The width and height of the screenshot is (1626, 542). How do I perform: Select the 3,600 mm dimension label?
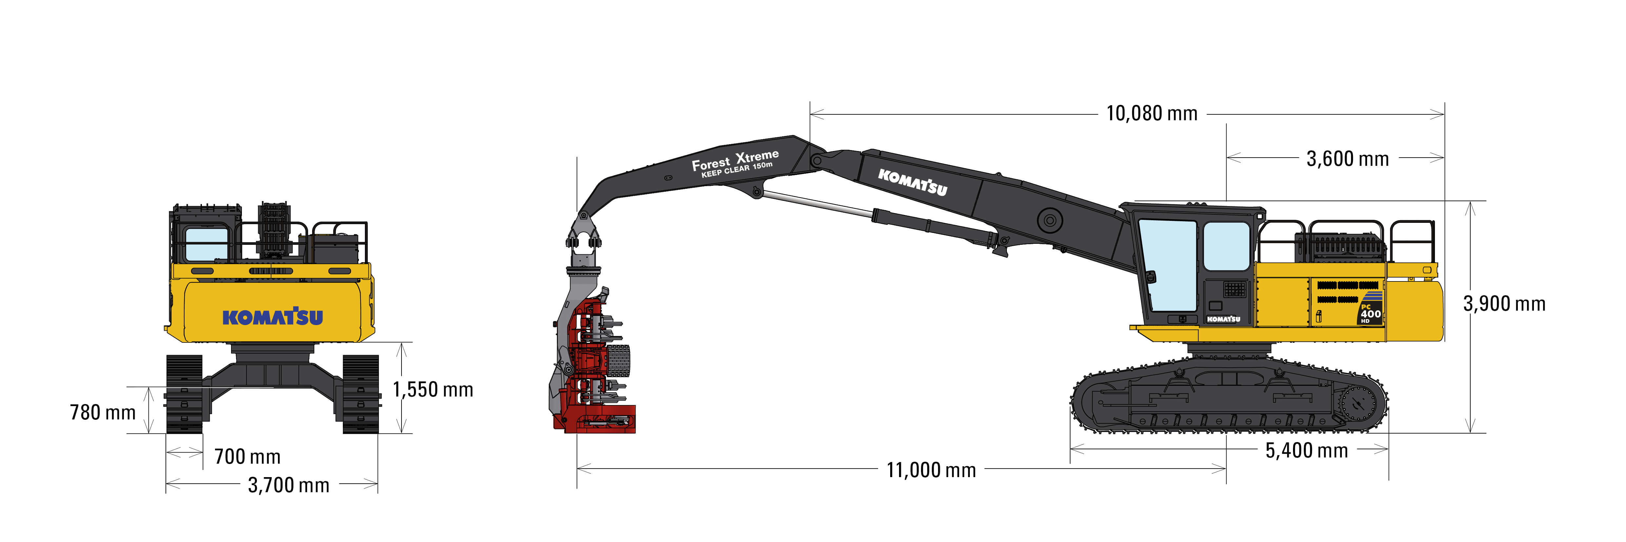tap(1348, 159)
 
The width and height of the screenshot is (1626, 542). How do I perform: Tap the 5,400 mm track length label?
tap(1307, 451)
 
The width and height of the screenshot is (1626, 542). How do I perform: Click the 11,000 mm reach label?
tap(931, 470)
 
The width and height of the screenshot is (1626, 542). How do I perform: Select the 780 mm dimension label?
tap(103, 413)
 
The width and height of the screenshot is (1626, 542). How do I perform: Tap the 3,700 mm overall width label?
tap(288, 485)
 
